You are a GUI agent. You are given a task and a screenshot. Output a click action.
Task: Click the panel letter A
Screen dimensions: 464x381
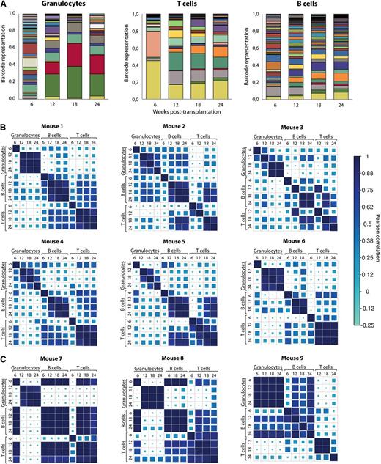pyautogui.click(x=5, y=4)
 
